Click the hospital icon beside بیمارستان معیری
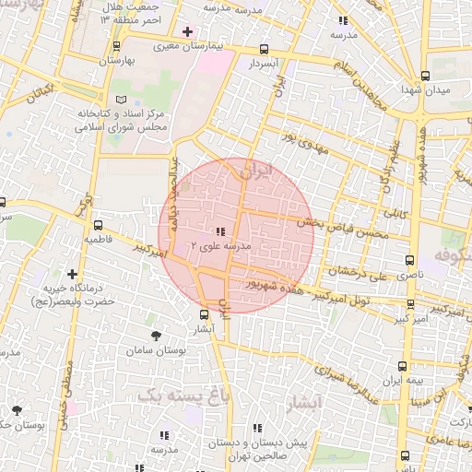pos(187,31)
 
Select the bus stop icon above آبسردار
pos(265,50)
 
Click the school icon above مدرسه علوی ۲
pos(219,232)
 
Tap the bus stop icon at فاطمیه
pos(98,224)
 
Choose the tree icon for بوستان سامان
pos(154,336)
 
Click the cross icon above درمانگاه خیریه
pos(72,273)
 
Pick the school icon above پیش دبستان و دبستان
pos(258,428)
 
